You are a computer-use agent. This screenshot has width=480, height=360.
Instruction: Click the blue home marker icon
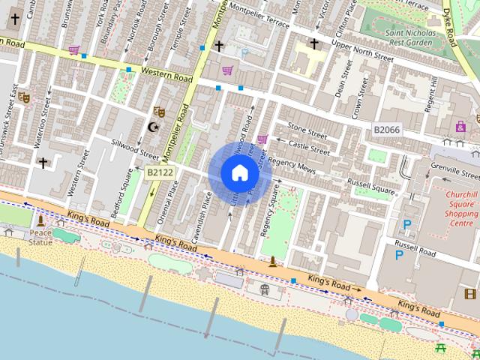[x=239, y=173]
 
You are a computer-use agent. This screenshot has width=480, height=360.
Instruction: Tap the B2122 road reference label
[x=160, y=172]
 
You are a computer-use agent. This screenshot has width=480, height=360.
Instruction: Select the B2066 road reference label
[x=386, y=130]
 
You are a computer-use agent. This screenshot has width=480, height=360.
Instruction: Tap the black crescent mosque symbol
[x=154, y=127]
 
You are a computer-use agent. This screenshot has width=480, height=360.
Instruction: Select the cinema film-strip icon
[x=470, y=293]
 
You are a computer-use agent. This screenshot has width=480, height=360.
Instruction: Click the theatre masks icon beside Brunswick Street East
[x=23, y=97]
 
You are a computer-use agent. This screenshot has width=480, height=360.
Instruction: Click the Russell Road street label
[x=415, y=248]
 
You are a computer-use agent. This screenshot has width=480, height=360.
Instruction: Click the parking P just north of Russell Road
[x=407, y=224]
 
